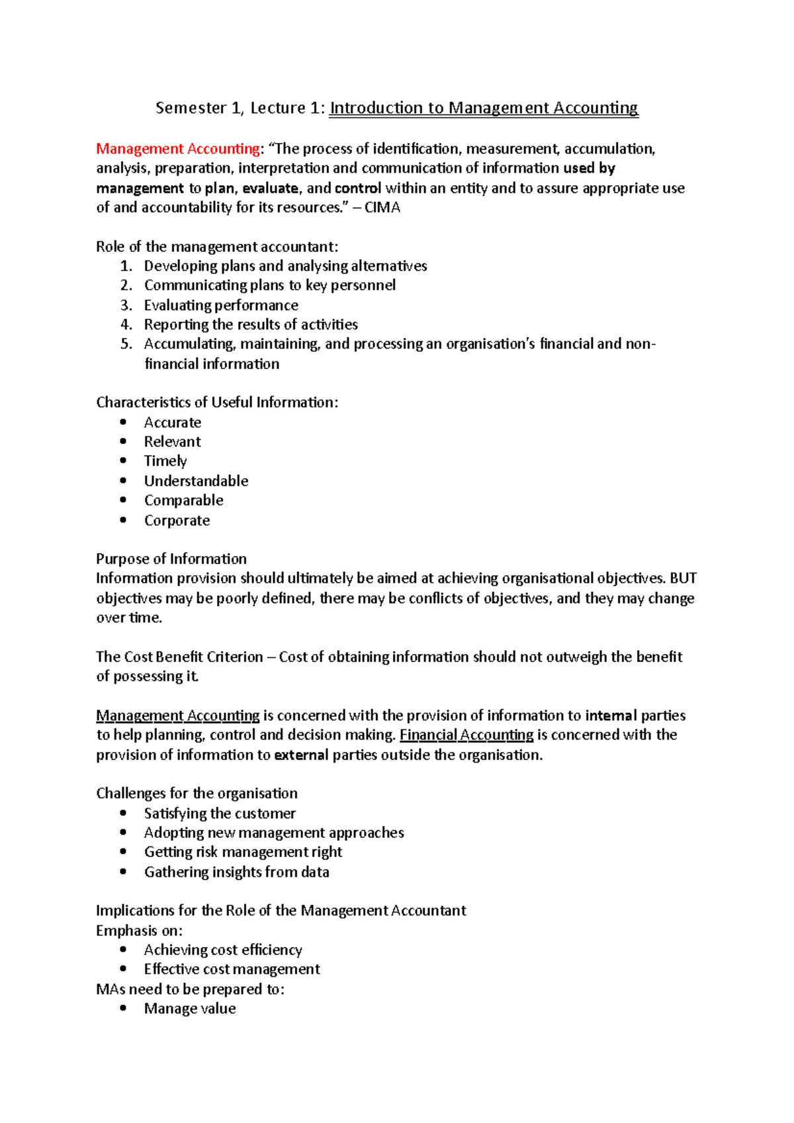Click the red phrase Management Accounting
tap(178, 149)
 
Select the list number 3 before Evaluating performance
tap(126, 306)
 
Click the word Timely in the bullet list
tap(165, 461)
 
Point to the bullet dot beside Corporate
tap(123, 520)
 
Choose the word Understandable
tap(196, 481)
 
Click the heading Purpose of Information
tap(171, 559)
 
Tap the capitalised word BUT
tap(683, 578)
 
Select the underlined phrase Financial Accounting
tap(466, 735)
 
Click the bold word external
tap(301, 755)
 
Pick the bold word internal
tap(611, 716)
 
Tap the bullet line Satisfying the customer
tap(220, 813)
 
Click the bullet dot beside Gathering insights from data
tap(123, 872)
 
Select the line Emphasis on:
tap(139, 931)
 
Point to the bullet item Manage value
tap(190, 1009)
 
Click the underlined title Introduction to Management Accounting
tap(484, 108)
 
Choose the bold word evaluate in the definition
tap(270, 188)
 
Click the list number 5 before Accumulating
tap(126, 344)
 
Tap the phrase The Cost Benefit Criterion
tap(179, 657)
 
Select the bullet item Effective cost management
tap(232, 969)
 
